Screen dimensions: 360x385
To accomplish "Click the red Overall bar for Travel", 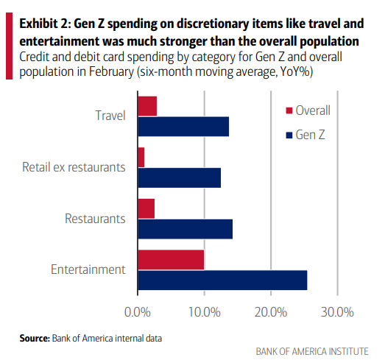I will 146,106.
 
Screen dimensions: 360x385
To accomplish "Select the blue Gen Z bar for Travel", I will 183,127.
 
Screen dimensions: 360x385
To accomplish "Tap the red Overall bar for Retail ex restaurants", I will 141,158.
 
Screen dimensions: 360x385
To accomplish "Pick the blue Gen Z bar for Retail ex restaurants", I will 179,177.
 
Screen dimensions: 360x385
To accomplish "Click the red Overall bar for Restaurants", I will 146,208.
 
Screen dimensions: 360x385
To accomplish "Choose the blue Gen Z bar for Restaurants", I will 185,229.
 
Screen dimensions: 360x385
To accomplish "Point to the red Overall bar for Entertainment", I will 171,260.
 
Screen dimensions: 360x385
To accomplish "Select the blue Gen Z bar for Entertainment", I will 222,280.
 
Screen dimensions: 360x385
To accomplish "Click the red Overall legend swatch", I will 289,110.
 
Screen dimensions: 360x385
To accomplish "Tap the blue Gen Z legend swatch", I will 289,135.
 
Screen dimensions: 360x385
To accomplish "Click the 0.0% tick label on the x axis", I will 138,312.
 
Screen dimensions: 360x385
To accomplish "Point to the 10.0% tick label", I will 204,312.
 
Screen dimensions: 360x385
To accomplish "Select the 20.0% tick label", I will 270,312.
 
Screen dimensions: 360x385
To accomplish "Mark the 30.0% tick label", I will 336,312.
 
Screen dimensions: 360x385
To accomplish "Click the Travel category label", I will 110,116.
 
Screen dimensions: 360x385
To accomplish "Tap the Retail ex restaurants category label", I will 74,167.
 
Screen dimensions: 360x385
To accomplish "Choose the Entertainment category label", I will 88,269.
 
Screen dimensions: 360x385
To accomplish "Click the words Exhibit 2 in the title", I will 43,11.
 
